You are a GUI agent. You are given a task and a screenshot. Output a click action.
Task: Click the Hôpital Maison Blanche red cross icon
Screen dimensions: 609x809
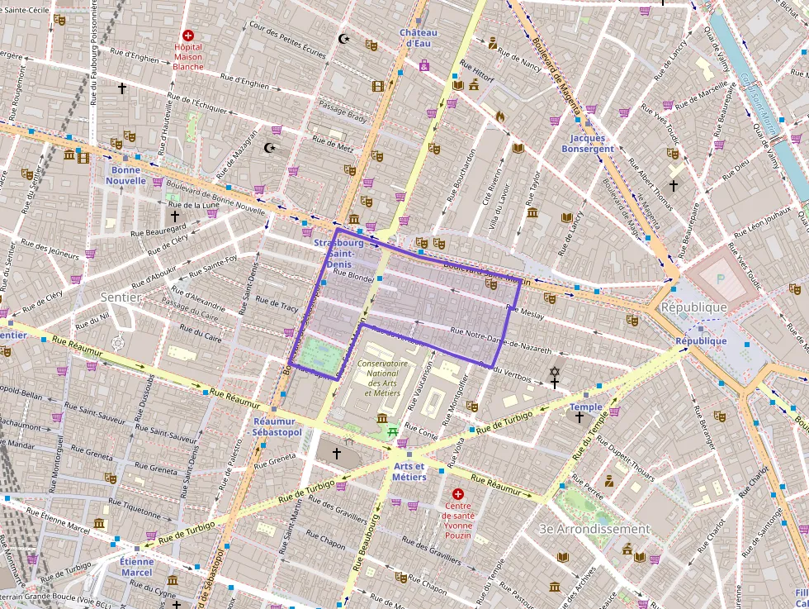click(x=188, y=36)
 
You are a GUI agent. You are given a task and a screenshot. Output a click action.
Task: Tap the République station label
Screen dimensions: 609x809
click(x=701, y=340)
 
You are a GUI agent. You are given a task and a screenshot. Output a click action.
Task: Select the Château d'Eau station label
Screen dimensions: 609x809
click(x=419, y=38)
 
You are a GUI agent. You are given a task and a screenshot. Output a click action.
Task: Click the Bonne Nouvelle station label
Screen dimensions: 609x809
click(x=125, y=174)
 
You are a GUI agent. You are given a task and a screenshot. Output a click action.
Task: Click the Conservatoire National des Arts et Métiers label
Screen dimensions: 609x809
click(x=382, y=378)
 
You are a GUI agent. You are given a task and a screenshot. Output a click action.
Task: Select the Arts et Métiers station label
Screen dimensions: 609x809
click(x=409, y=472)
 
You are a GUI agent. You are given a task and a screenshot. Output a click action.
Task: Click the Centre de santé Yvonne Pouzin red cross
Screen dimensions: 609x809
click(x=458, y=493)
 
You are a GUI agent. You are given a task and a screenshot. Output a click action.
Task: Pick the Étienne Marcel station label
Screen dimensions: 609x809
click(x=136, y=567)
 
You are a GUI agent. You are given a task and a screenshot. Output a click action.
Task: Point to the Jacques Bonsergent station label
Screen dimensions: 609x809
click(x=588, y=144)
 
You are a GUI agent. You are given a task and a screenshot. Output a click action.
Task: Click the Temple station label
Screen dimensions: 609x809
click(x=586, y=407)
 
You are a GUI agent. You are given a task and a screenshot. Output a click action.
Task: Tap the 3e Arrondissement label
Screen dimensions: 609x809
click(x=594, y=529)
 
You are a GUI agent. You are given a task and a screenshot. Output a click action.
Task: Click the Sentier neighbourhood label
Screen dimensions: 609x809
click(x=121, y=297)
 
